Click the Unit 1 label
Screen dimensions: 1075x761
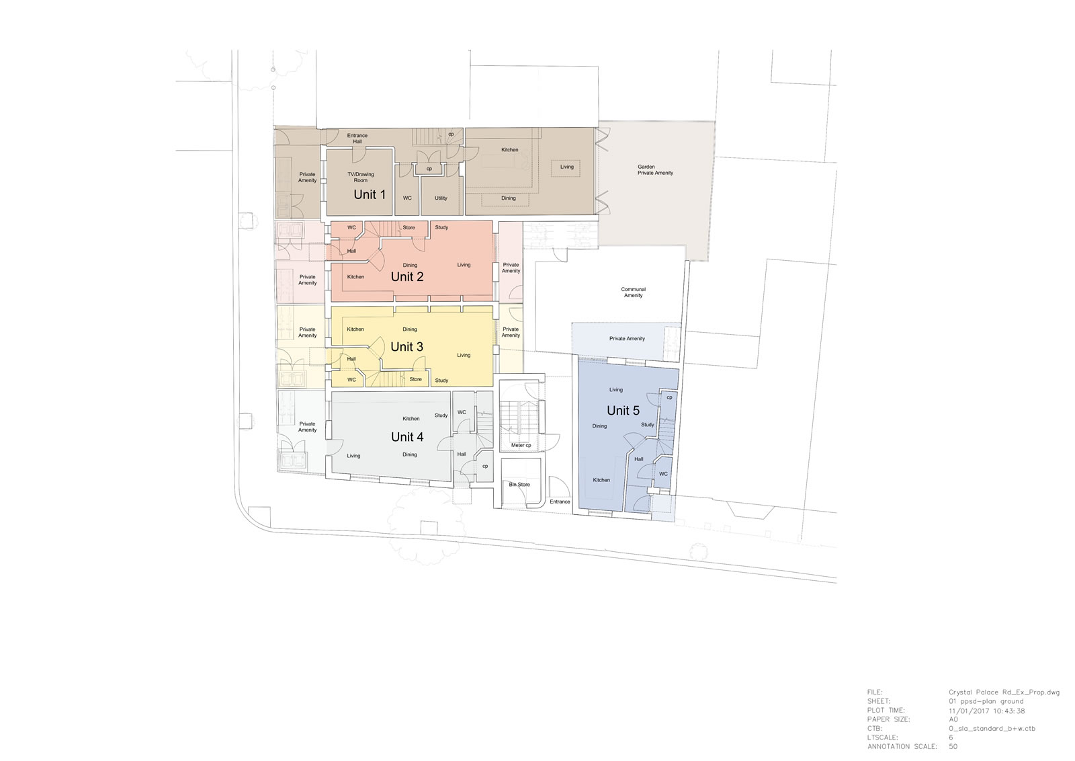click(370, 194)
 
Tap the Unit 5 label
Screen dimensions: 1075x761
click(623, 411)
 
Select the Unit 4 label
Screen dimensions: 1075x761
click(407, 437)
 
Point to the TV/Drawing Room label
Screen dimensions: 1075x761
click(360, 177)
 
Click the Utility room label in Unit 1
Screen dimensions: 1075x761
click(441, 198)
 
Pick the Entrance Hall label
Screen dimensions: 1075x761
click(357, 138)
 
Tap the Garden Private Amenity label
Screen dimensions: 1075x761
click(655, 170)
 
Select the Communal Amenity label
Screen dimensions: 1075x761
click(633, 292)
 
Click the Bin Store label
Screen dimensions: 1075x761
click(519, 485)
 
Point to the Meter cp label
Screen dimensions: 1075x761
click(521, 445)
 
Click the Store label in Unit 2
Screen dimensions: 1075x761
click(408, 228)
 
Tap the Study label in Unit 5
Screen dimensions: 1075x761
click(647, 424)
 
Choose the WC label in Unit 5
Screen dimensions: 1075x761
click(662, 474)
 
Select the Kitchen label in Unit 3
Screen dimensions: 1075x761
click(355, 329)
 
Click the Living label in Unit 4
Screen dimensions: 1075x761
click(353, 456)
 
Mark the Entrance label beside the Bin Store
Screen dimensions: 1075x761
click(560, 502)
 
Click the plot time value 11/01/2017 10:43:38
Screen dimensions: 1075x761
click(986, 711)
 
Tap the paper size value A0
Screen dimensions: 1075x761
click(953, 720)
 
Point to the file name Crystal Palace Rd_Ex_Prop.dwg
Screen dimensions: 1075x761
click(1004, 692)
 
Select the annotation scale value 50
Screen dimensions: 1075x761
click(953, 747)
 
